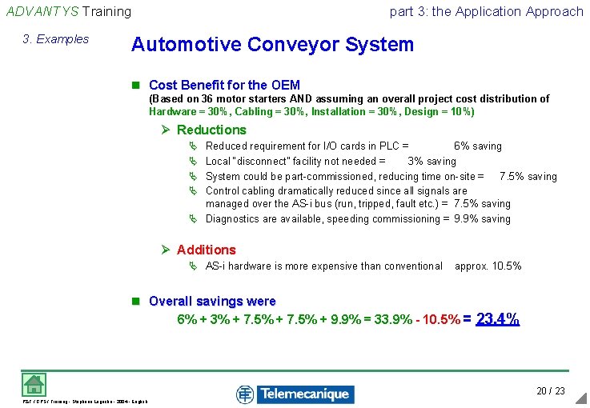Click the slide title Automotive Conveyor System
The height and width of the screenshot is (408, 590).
pyautogui.click(x=272, y=44)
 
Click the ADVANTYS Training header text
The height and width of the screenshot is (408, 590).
pyautogui.click(x=68, y=11)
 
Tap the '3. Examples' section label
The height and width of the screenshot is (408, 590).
pyautogui.click(x=56, y=39)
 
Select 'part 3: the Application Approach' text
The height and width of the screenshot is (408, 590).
pyautogui.click(x=486, y=11)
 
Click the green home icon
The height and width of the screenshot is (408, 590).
pyautogui.click(x=33, y=384)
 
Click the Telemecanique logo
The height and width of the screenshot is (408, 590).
pyautogui.click(x=295, y=394)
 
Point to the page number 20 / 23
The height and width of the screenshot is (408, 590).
pyautogui.click(x=551, y=390)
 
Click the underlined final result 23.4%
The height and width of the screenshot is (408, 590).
pyautogui.click(x=498, y=319)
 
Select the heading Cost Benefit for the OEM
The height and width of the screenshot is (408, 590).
pyautogui.click(x=224, y=85)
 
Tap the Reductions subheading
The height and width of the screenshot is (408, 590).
pyautogui.click(x=211, y=130)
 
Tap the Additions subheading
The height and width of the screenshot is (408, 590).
pyautogui.click(x=206, y=250)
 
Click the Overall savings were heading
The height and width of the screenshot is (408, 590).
pyautogui.click(x=212, y=302)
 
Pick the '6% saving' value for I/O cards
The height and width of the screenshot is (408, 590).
pyautogui.click(x=478, y=146)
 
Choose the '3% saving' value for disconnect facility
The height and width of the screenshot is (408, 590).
pyautogui.click(x=431, y=161)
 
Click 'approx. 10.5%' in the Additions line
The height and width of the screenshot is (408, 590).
pyautogui.click(x=488, y=266)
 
